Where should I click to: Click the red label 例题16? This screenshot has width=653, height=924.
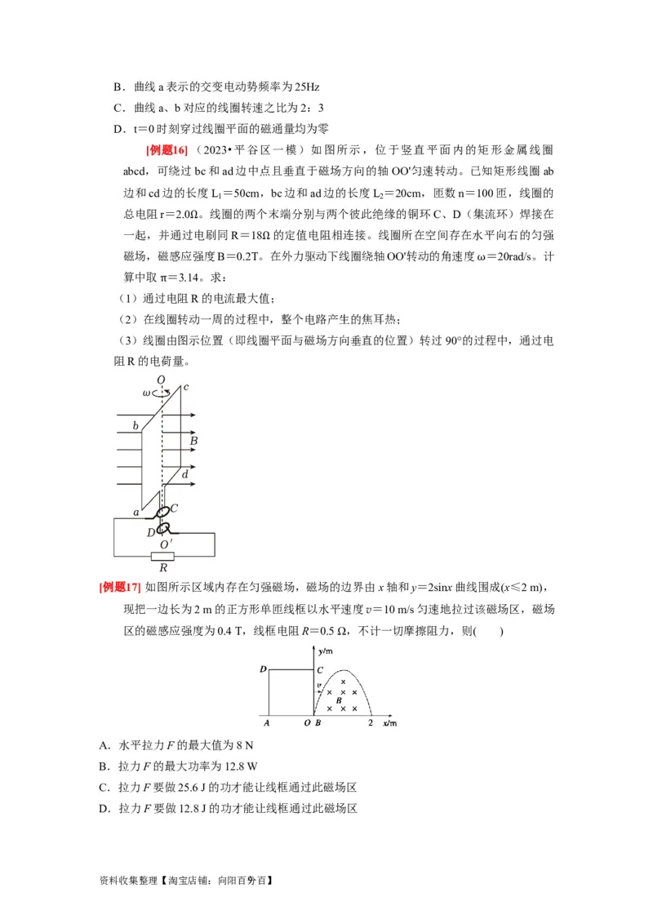pyautogui.click(x=167, y=149)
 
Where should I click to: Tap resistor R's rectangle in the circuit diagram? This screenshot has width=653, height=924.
pyautogui.click(x=164, y=558)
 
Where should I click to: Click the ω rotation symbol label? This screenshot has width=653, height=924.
pyautogui.click(x=147, y=393)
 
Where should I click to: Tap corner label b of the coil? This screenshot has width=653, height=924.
pyautogui.click(x=135, y=426)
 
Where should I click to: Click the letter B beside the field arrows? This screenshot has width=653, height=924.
pyautogui.click(x=193, y=442)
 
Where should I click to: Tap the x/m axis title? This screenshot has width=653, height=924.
pyautogui.click(x=389, y=723)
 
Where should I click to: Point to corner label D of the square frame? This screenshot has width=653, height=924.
pyautogui.click(x=263, y=669)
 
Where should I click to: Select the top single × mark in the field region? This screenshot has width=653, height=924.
pyautogui.click(x=343, y=682)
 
